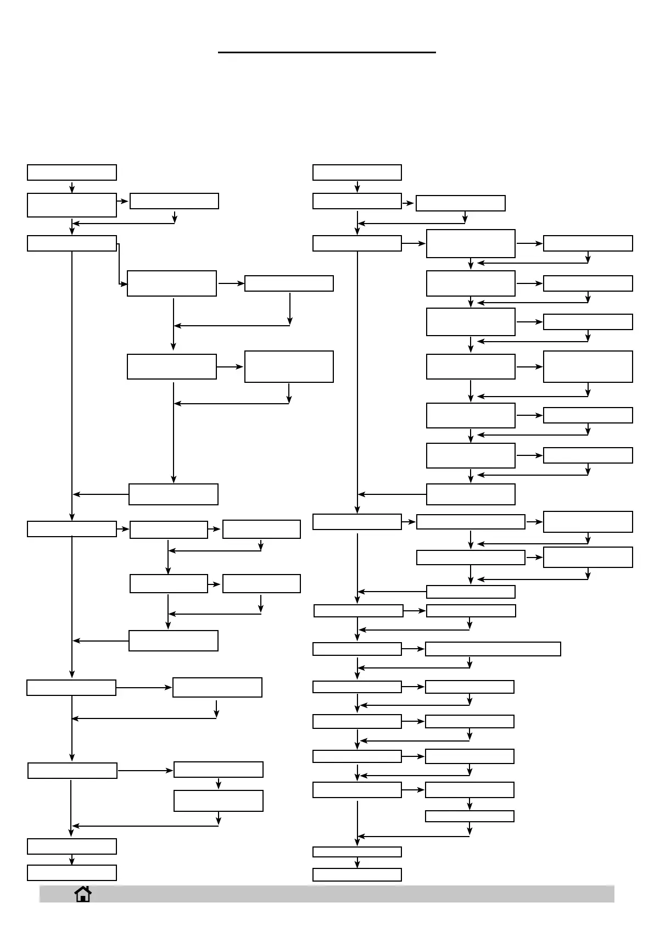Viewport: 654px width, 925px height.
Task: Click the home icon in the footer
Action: click(x=83, y=894)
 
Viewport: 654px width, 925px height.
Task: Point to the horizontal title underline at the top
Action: click(x=327, y=52)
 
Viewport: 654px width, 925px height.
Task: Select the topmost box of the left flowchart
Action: click(x=72, y=172)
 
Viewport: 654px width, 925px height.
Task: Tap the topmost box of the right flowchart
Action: click(x=357, y=172)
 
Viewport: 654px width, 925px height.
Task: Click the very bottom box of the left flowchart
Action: click(x=72, y=872)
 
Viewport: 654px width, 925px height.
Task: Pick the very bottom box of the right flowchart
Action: click(x=357, y=874)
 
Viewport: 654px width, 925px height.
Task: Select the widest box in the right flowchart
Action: click(x=493, y=649)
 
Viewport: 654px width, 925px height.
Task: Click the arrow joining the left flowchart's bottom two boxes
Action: click(x=72, y=860)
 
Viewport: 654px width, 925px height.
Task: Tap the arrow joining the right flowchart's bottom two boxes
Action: click(x=357, y=862)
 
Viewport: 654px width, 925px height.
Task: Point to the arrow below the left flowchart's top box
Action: click(x=72, y=187)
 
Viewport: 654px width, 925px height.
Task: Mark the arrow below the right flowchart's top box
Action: click(x=357, y=187)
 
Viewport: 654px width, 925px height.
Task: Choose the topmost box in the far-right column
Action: click(x=588, y=243)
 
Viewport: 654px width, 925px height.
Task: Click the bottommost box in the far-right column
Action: click(x=588, y=557)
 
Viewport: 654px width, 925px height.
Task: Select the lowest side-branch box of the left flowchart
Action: click(x=218, y=800)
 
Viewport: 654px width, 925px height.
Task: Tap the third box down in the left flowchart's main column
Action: click(x=72, y=243)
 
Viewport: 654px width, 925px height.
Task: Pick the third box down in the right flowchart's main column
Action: click(x=357, y=243)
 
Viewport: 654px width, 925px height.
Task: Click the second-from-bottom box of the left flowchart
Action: click(x=72, y=846)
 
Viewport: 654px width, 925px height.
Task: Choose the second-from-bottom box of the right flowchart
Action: click(x=357, y=851)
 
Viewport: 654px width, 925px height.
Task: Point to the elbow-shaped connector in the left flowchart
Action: click(x=119, y=264)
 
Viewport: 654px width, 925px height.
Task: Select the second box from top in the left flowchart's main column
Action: click(x=72, y=205)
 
